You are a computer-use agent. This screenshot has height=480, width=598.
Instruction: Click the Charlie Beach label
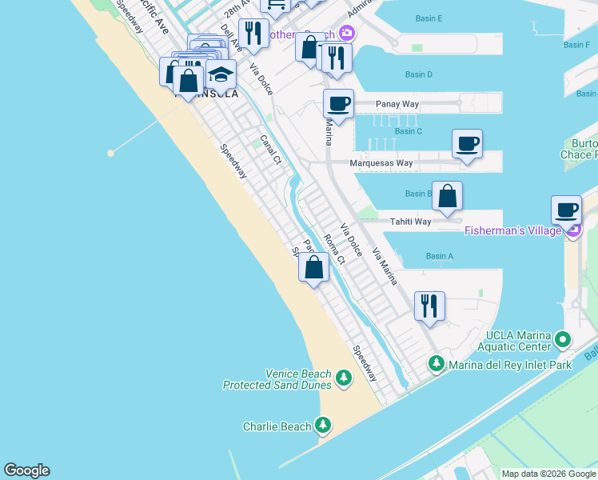(277, 426)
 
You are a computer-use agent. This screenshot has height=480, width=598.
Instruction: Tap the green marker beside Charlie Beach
(323, 425)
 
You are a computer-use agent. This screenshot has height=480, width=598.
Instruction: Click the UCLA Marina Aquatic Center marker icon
(563, 340)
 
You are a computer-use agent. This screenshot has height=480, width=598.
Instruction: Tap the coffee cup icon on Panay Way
(338, 103)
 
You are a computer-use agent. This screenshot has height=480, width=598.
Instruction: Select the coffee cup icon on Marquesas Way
(467, 144)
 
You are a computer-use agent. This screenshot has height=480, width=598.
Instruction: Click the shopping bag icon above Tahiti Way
(447, 196)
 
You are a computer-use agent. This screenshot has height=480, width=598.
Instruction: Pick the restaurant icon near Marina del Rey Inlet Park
(429, 306)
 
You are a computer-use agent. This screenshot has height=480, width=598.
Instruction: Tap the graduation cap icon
(221, 75)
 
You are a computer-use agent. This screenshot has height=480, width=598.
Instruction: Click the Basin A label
(440, 256)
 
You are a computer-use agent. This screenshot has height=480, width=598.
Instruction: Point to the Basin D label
(418, 74)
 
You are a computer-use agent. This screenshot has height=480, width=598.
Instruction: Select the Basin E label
(429, 18)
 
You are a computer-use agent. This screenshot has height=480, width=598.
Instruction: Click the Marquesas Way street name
(382, 163)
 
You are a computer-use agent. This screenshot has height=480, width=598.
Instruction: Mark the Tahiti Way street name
(410, 222)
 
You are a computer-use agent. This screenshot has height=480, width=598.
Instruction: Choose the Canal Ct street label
(271, 150)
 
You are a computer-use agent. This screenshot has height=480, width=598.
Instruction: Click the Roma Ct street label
(334, 249)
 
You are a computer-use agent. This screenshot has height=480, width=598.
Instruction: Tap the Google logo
(26, 470)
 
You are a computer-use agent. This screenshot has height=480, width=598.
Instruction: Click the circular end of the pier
(111, 152)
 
